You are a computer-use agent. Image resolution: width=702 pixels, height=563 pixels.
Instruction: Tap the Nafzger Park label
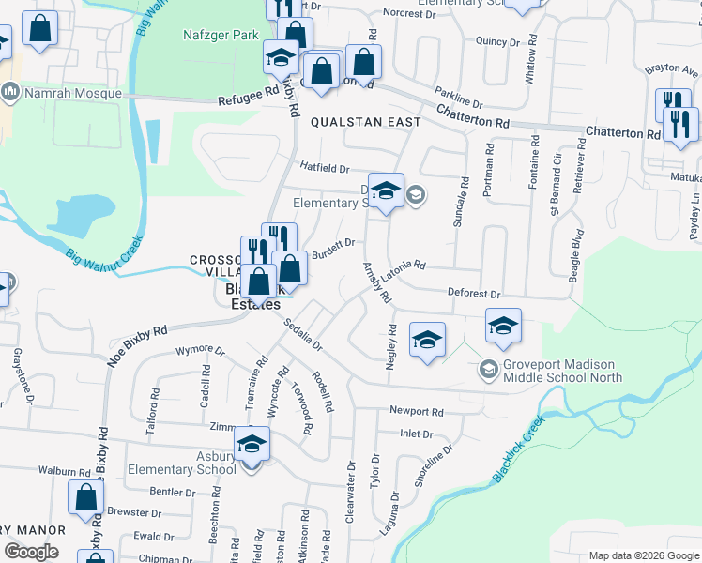click(x=219, y=36)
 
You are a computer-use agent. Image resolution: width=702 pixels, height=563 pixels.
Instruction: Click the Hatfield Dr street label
click(x=325, y=169)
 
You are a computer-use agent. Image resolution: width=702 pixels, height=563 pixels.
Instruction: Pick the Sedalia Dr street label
click(x=304, y=333)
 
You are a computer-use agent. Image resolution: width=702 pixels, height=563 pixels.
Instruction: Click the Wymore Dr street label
click(x=200, y=352)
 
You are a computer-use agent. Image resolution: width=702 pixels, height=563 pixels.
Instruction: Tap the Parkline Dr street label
click(x=458, y=97)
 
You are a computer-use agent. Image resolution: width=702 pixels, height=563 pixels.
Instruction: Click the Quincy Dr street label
click(x=497, y=41)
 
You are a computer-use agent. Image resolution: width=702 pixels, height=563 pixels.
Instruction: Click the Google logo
click(x=31, y=551)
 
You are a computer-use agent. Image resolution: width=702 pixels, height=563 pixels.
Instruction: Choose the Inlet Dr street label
click(x=416, y=434)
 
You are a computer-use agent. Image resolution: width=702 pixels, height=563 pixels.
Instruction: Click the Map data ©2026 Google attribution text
click(x=643, y=555)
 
